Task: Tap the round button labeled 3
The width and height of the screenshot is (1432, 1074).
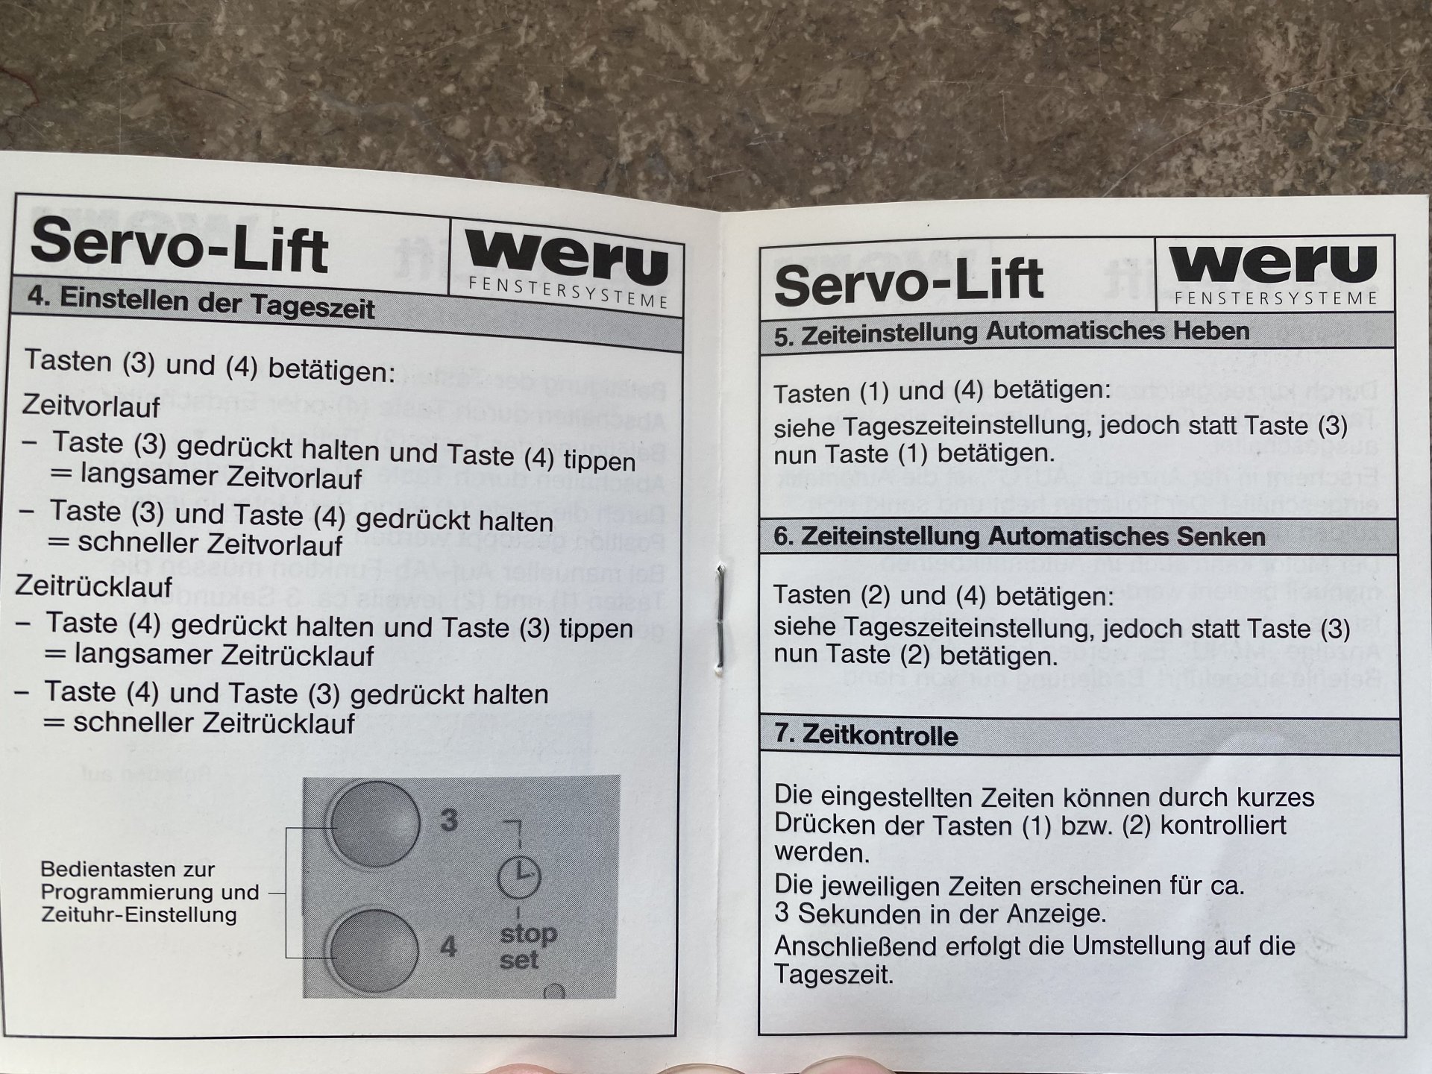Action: (375, 823)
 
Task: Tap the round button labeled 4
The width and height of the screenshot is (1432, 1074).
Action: (373, 951)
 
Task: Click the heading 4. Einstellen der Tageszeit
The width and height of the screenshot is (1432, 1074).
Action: (201, 302)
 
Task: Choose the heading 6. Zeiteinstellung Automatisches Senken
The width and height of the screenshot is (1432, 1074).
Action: (1019, 537)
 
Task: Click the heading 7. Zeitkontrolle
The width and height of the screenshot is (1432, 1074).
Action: (865, 735)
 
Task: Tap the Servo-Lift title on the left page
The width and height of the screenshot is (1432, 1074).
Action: (179, 245)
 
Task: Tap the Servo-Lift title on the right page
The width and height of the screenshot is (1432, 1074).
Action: (908, 281)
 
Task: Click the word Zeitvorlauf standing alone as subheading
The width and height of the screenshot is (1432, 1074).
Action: (91, 406)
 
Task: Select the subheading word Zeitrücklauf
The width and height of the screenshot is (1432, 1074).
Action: (92, 586)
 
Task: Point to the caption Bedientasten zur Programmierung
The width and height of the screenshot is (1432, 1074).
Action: (149, 881)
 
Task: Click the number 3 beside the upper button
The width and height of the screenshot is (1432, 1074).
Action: (448, 820)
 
